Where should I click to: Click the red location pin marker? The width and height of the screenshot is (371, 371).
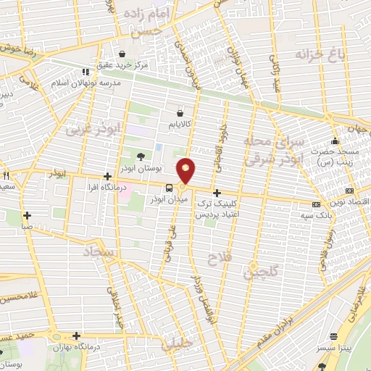(186, 170)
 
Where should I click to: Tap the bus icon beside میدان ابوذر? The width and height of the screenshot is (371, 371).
(169, 188)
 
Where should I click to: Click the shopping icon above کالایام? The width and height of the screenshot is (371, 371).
(180, 113)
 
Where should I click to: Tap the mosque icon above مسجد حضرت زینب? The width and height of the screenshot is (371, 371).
(335, 141)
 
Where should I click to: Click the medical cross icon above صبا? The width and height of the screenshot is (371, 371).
(27, 215)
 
